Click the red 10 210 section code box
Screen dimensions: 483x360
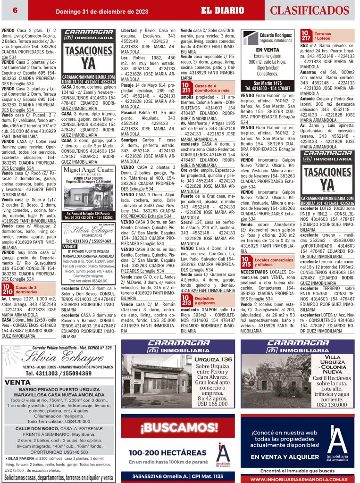pyautogui.click(x=7, y=289)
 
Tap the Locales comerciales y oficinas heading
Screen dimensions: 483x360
pyautogui.click(x=274, y=262)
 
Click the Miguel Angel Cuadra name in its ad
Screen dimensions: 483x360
pyautogui.click(x=88, y=170)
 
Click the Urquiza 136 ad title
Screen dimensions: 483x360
pyautogui.click(x=214, y=359)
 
